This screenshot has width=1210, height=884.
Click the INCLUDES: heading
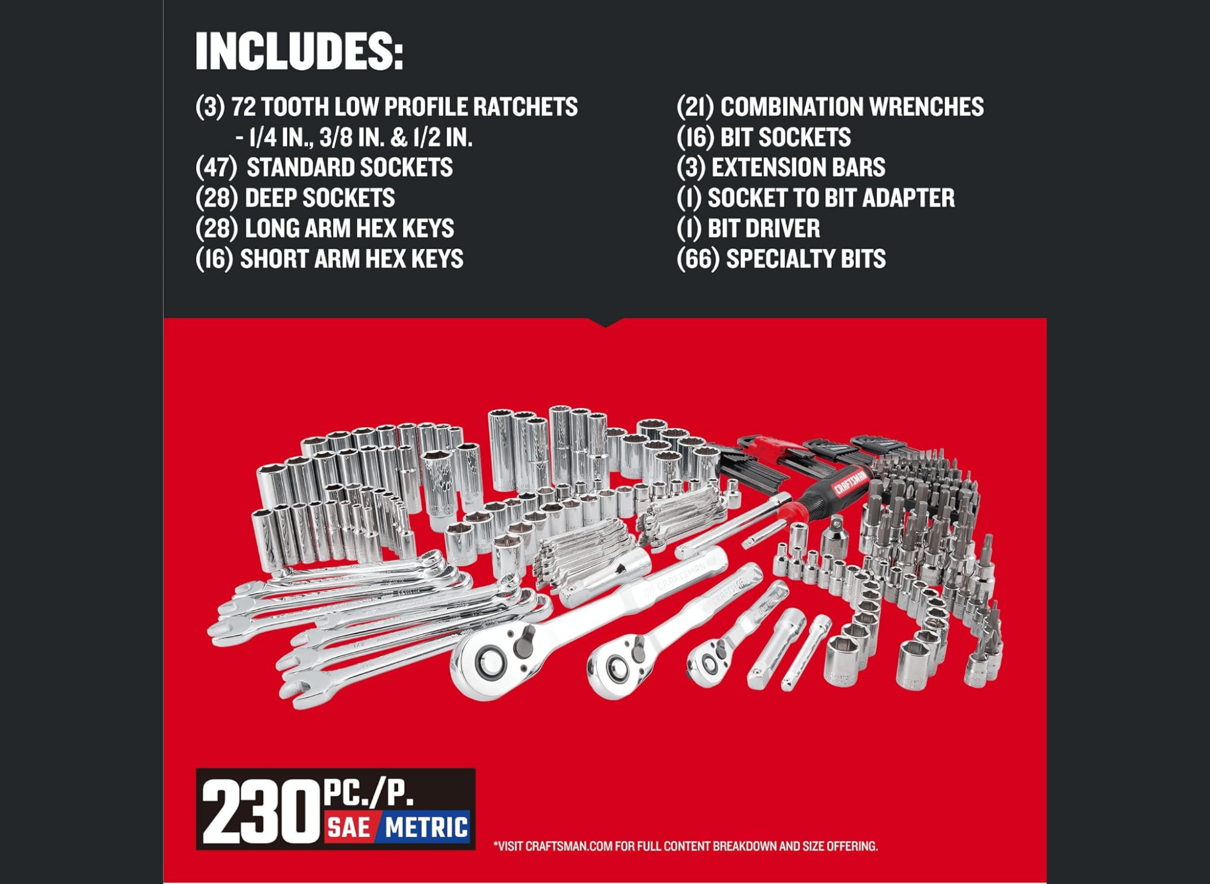299,51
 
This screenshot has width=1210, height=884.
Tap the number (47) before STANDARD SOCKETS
216,168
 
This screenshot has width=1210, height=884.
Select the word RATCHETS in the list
525,107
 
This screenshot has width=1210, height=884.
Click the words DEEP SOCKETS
319,198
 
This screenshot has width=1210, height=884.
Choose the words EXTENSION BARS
798,168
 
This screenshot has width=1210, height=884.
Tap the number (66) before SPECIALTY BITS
698,259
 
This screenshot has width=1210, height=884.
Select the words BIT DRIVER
764,229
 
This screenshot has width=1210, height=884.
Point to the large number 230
261,811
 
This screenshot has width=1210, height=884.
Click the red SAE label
350,827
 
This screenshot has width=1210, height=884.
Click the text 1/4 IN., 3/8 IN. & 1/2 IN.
361,137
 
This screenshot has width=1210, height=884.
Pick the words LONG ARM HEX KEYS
349,229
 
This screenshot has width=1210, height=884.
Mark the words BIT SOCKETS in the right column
785,137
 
